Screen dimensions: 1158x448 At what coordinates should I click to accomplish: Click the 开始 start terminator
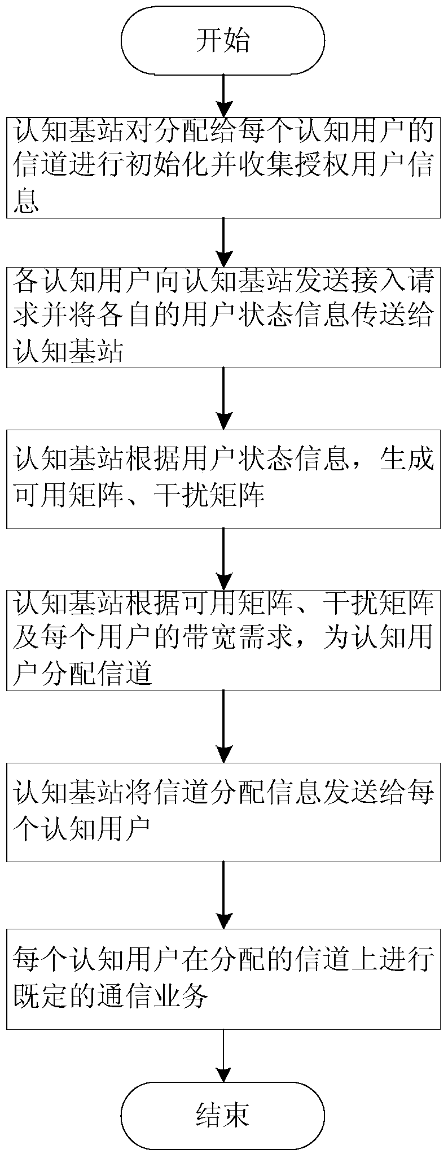(x=223, y=41)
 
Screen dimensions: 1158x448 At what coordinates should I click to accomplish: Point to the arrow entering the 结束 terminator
(x=224, y=1056)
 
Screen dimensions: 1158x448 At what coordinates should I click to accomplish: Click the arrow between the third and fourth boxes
(x=224, y=559)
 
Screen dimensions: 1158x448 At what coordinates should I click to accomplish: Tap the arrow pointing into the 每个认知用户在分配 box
(x=224, y=895)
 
